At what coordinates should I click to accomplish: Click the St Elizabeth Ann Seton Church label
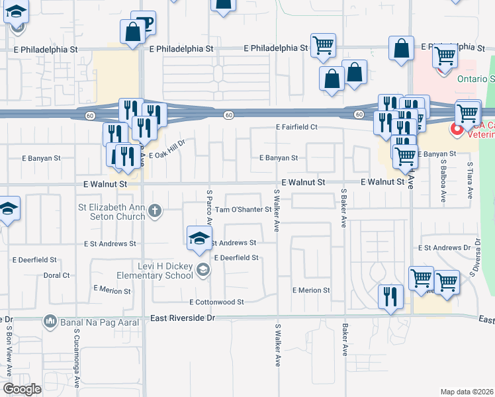(111, 212)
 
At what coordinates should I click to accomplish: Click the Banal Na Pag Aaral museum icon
(50, 322)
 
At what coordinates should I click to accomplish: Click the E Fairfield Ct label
(297, 127)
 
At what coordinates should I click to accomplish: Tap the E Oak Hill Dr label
(167, 153)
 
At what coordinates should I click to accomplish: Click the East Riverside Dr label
(183, 318)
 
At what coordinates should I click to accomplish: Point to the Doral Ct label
(56, 275)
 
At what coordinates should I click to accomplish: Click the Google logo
(22, 389)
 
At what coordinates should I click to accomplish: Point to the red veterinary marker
(456, 130)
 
